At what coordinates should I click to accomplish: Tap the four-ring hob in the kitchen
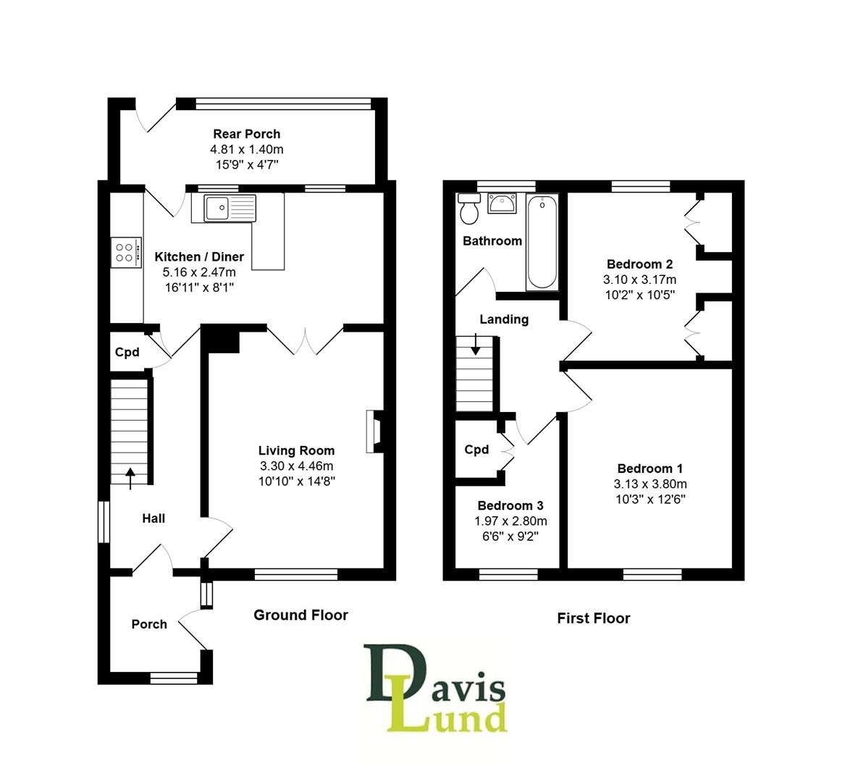[124, 252]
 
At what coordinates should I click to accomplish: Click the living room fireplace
[374, 432]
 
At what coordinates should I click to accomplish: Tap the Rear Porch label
[246, 134]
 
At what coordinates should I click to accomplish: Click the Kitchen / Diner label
[199, 257]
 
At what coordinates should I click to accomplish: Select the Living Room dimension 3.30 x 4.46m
[297, 466]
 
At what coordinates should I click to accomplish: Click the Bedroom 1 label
[649, 469]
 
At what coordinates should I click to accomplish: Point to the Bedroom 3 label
[510, 506]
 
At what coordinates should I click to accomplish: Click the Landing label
[504, 319]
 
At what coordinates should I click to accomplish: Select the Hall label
[153, 518]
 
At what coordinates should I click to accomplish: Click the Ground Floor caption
[300, 615]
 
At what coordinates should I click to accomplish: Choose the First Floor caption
[593, 618]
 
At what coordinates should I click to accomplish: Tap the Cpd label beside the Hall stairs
[127, 353]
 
